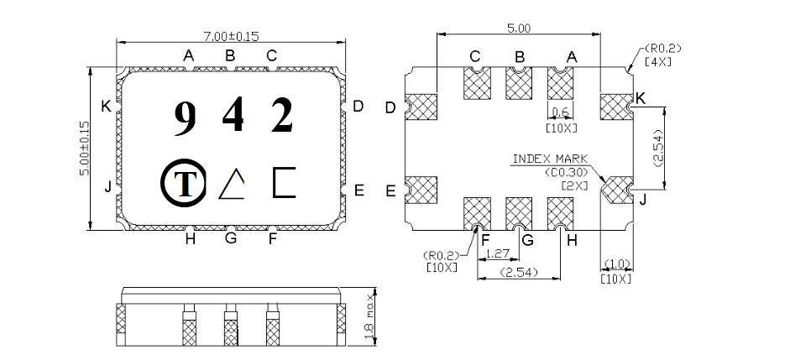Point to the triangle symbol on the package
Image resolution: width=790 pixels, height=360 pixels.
(x=233, y=182)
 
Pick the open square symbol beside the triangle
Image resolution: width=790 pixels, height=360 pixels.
(x=284, y=182)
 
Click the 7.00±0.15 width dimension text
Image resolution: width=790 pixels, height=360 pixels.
(x=230, y=36)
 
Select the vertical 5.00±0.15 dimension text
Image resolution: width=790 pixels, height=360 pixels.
(x=84, y=149)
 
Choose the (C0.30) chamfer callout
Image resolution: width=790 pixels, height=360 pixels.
(x=565, y=172)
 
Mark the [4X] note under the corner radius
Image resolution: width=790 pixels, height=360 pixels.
(x=656, y=62)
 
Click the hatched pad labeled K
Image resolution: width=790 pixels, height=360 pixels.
(x=615, y=105)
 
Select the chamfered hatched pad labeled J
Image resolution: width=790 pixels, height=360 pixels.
(x=619, y=190)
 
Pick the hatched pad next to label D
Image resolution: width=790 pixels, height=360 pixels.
(x=421, y=106)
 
